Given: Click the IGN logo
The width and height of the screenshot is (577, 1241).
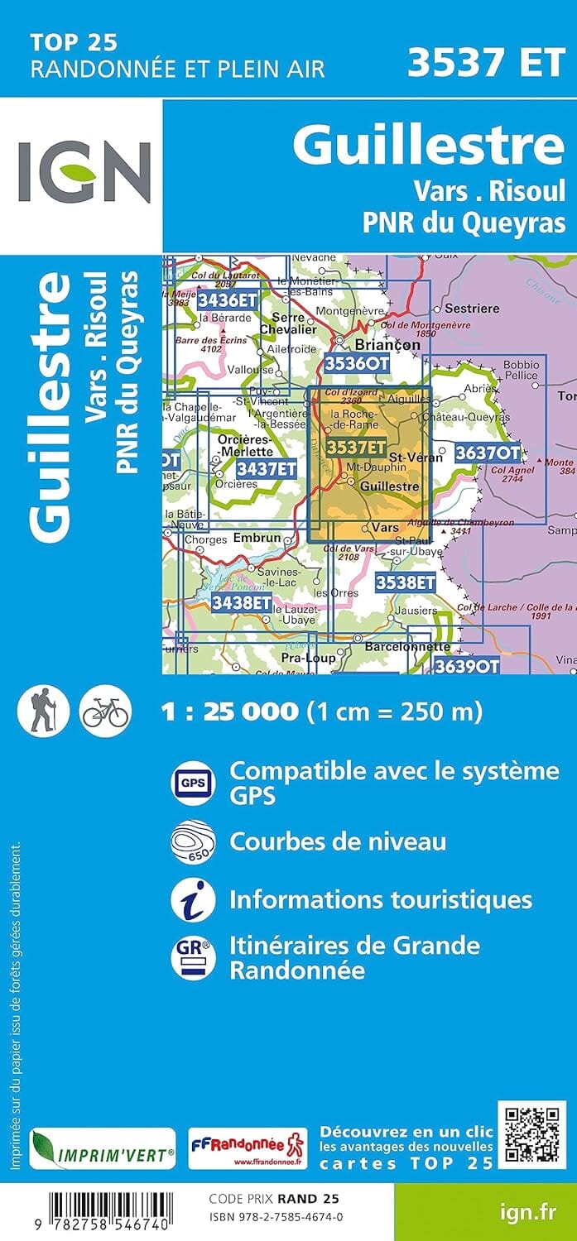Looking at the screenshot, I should pyautogui.click(x=84, y=172).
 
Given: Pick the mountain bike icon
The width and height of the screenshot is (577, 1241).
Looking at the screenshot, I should pyautogui.click(x=105, y=711).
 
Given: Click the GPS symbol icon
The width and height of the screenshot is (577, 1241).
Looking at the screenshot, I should pyautogui.click(x=193, y=782).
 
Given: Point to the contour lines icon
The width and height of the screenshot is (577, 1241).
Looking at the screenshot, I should pyautogui.click(x=193, y=841).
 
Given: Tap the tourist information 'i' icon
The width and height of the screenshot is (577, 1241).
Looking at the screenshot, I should pyautogui.click(x=193, y=899).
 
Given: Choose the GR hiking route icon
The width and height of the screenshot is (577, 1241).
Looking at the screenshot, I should pyautogui.click(x=193, y=957).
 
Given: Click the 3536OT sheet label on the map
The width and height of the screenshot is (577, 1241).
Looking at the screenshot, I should pyautogui.click(x=356, y=363).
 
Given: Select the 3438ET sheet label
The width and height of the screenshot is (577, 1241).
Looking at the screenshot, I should pyautogui.click(x=241, y=602).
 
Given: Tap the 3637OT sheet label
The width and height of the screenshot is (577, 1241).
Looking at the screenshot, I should pyautogui.click(x=488, y=453).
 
